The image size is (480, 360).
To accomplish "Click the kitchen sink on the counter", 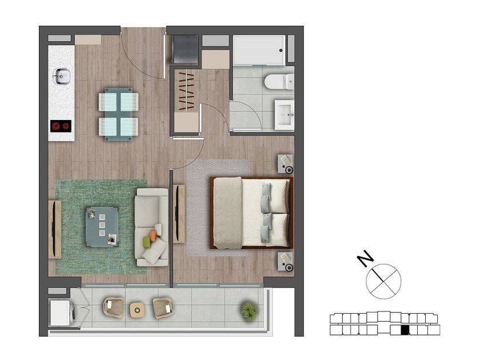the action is (62, 76).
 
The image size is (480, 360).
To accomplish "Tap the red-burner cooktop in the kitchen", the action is (61, 126).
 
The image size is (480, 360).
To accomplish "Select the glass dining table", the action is (119, 114).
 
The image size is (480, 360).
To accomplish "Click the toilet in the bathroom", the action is (279, 82).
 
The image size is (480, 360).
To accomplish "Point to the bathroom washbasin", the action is (285, 115).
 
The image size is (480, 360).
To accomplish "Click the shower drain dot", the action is (281, 50).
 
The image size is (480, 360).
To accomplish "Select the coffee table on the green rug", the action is (102, 227).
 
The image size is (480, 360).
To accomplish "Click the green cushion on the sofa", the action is (147, 242).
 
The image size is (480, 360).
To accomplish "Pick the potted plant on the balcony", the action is (249, 311).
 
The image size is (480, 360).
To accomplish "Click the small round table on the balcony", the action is (137, 310).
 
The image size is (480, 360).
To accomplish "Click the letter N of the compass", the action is (366, 258).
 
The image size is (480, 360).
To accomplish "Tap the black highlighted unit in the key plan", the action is (405, 330).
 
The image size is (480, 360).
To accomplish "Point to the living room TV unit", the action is (55, 229).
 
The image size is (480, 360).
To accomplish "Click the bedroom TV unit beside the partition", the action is (179, 214).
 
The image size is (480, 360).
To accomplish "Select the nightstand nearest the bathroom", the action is (286, 164).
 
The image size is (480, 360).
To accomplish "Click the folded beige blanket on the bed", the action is (228, 213).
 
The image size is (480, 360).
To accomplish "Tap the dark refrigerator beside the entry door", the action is (185, 49).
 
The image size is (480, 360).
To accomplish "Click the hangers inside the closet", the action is (186, 91).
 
